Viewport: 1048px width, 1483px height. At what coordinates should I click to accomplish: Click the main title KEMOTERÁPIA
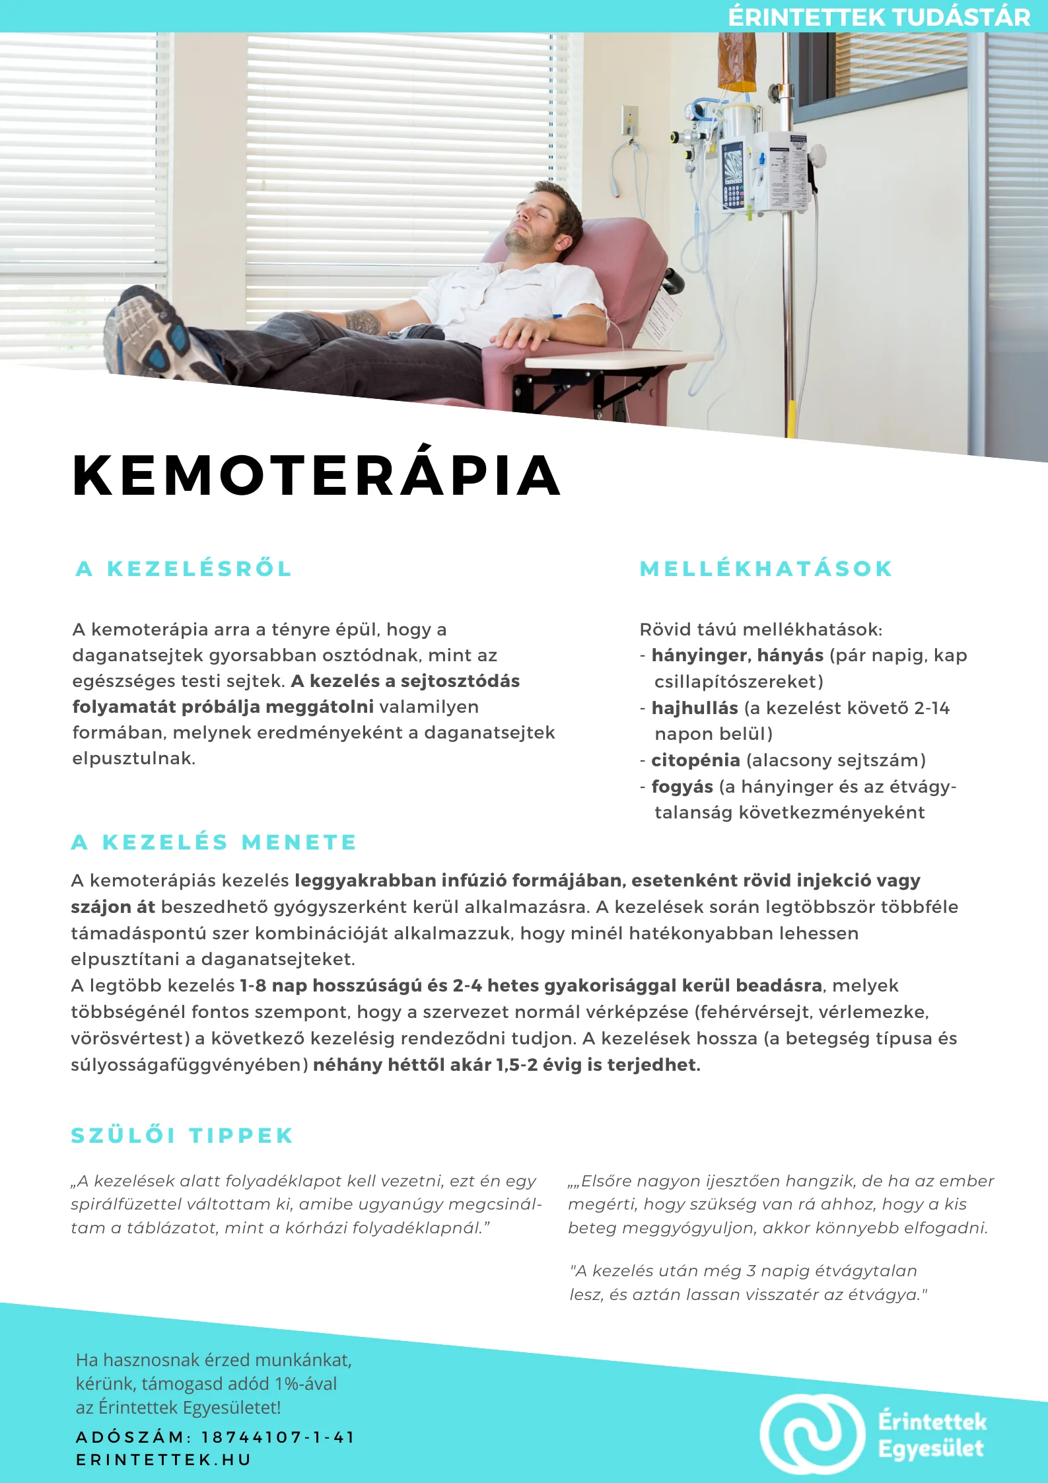(316, 475)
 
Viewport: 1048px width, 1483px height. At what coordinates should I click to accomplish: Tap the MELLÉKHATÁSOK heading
(766, 569)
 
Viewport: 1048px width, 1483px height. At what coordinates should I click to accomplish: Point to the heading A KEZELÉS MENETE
(214, 842)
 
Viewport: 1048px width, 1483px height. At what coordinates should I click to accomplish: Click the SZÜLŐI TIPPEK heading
(182, 1136)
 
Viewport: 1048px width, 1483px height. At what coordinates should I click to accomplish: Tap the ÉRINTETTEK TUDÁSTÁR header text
(879, 17)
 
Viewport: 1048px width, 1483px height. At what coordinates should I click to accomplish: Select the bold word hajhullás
(694, 708)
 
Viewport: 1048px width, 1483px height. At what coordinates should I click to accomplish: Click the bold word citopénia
(695, 760)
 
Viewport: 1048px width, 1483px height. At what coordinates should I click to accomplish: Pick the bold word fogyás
(682, 787)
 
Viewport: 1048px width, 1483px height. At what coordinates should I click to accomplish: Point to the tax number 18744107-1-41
(278, 1437)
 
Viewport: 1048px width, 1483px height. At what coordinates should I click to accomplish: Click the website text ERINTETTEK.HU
(164, 1459)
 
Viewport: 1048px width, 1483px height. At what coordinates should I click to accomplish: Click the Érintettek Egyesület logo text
(931, 1434)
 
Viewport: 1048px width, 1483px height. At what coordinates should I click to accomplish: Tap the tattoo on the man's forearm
(363, 322)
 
